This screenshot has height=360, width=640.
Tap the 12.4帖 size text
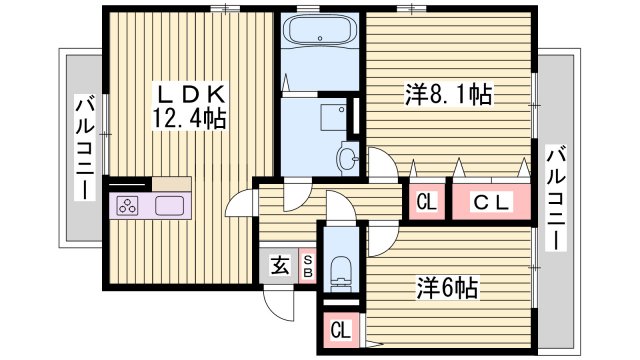click(191, 119)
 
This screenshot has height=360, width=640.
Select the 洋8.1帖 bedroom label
click(446, 95)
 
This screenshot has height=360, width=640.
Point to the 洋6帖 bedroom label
click(446, 289)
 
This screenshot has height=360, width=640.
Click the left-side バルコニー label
click(86, 145)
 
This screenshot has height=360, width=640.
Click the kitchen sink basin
click(169, 206)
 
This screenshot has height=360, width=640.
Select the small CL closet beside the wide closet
click(426, 202)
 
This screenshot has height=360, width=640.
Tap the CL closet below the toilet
click(340, 329)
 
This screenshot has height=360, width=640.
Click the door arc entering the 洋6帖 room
click(381, 238)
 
